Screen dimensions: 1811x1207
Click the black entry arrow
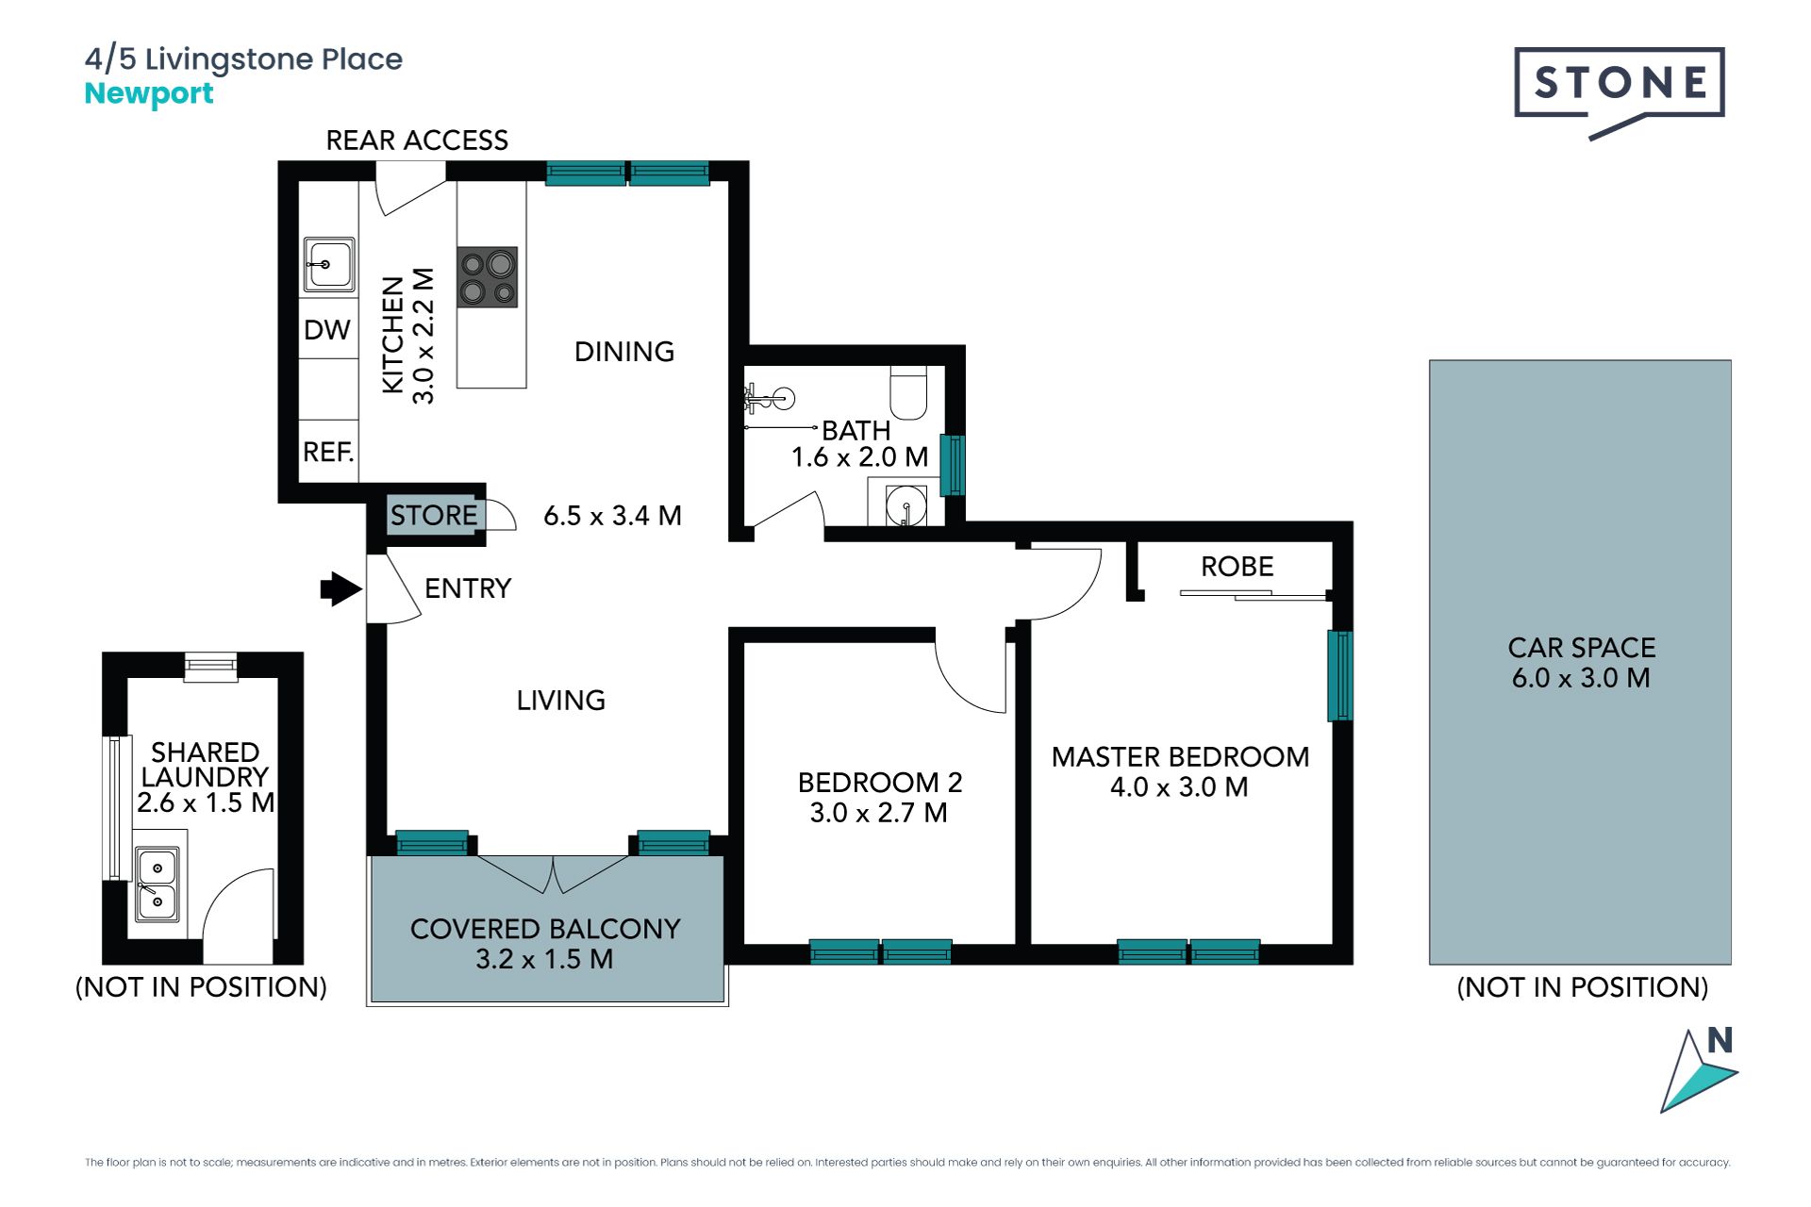(341, 589)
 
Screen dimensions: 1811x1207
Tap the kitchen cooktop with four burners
(488, 277)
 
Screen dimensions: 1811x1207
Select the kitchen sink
(329, 264)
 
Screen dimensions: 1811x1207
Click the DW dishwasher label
(326, 330)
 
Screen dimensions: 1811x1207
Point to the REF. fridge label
(328, 453)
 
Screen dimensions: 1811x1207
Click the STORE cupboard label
(434, 515)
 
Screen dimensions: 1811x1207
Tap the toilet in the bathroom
(909, 392)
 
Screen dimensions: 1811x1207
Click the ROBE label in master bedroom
(1238, 567)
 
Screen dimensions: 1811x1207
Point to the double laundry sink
(157, 883)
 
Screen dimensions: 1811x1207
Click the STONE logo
(1620, 92)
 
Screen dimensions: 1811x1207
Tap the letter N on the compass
(1720, 1040)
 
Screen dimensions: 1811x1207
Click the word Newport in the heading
(149, 94)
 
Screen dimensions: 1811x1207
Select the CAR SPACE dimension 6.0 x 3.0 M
(1581, 678)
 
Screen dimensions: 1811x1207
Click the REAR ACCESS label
(417, 141)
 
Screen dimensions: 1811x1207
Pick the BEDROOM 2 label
(880, 783)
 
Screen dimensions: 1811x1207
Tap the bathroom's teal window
(954, 465)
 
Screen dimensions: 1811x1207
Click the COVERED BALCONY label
(545, 930)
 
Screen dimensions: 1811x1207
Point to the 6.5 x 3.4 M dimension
(612, 516)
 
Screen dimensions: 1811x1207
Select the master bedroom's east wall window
(1340, 676)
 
